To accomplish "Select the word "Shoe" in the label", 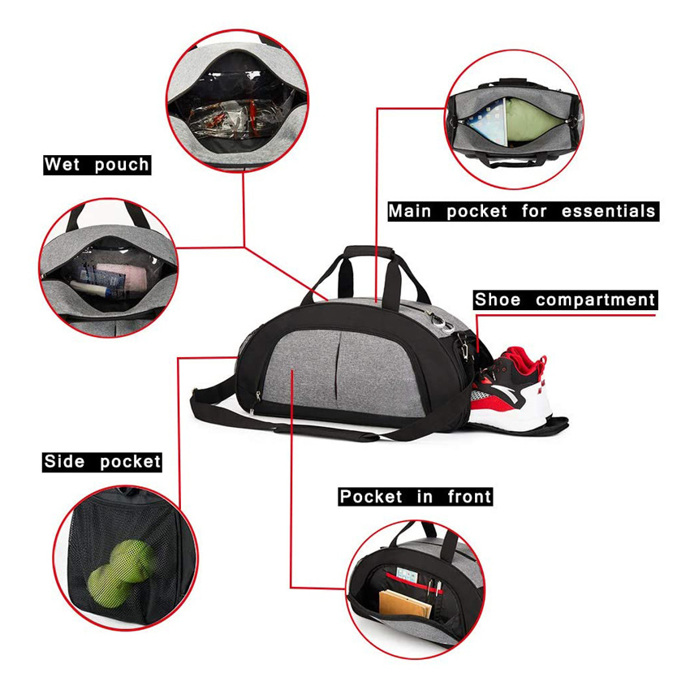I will (x=498, y=300).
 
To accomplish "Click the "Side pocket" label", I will (x=102, y=462).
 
